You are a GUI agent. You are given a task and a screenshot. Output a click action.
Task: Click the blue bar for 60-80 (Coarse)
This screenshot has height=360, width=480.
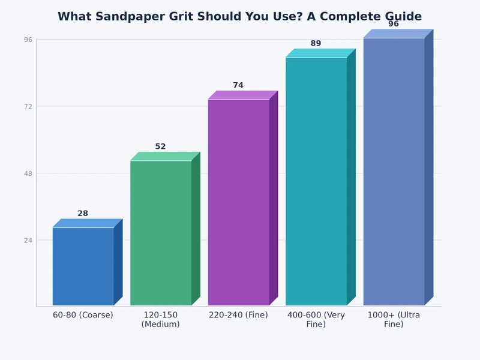pos(83,266)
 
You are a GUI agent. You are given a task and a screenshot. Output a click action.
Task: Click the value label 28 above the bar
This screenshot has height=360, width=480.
pos(83,214)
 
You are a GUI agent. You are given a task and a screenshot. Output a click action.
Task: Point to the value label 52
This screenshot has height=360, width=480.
pos(160,147)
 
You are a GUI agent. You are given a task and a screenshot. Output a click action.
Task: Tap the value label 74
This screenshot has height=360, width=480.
pos(238,86)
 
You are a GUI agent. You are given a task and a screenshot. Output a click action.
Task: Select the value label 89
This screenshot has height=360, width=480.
pos(316,44)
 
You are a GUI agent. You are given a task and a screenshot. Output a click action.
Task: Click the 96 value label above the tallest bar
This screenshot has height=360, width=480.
pos(394,24)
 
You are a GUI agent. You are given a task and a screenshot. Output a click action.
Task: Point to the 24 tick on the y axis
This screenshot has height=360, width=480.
pos(28,240)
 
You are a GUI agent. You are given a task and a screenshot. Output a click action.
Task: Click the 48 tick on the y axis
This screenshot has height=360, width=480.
pos(28,173)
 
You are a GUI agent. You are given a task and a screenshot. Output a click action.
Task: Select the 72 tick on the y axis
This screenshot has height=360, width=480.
pos(28,106)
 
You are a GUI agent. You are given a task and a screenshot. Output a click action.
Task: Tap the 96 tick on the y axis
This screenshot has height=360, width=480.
pos(28,40)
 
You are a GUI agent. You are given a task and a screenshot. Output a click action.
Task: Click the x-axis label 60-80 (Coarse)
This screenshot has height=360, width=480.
pos(83,315)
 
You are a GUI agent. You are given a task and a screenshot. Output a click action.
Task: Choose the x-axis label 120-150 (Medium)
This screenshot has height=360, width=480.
pos(160,320)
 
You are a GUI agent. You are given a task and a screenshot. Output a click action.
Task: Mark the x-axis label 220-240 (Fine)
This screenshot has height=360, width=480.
pos(238,315)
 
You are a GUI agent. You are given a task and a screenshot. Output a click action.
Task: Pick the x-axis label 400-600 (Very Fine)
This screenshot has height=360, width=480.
pos(316,320)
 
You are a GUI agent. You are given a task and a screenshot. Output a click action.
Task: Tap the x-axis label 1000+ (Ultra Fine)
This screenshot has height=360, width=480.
pos(394,320)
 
